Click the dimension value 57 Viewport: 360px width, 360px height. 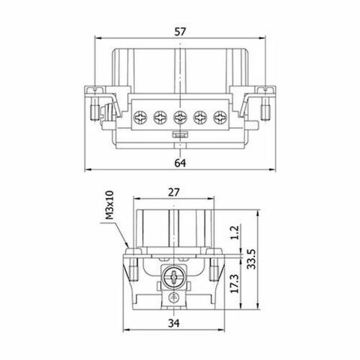(180, 32)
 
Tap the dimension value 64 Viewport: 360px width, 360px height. (180, 163)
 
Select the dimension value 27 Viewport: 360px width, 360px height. (174, 192)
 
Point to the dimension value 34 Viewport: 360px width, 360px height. (174, 323)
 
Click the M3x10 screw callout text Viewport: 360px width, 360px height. (109, 205)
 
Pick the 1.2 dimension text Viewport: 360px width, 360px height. (235, 232)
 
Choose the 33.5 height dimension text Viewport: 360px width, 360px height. (251, 259)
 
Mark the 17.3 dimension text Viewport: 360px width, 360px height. (235, 283)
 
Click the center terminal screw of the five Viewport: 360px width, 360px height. (180, 117)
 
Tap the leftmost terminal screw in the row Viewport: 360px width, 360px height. (140, 117)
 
